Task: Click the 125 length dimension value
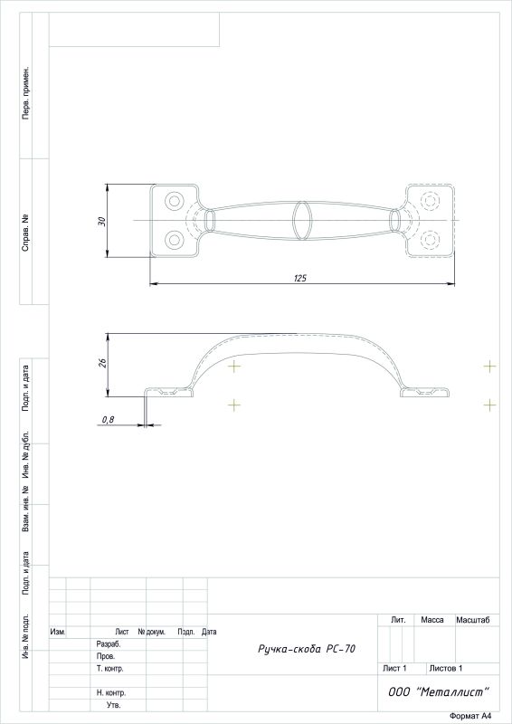[x=300, y=278]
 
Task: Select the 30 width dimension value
[x=102, y=221]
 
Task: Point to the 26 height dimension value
[x=103, y=363]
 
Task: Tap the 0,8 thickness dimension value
[x=108, y=420]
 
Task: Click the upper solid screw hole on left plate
[x=175, y=201]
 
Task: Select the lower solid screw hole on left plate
[x=175, y=240]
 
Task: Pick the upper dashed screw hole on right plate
[x=430, y=201]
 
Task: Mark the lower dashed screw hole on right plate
[x=430, y=240]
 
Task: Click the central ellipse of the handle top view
[x=302, y=221]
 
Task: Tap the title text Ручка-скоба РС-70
[x=307, y=649]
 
